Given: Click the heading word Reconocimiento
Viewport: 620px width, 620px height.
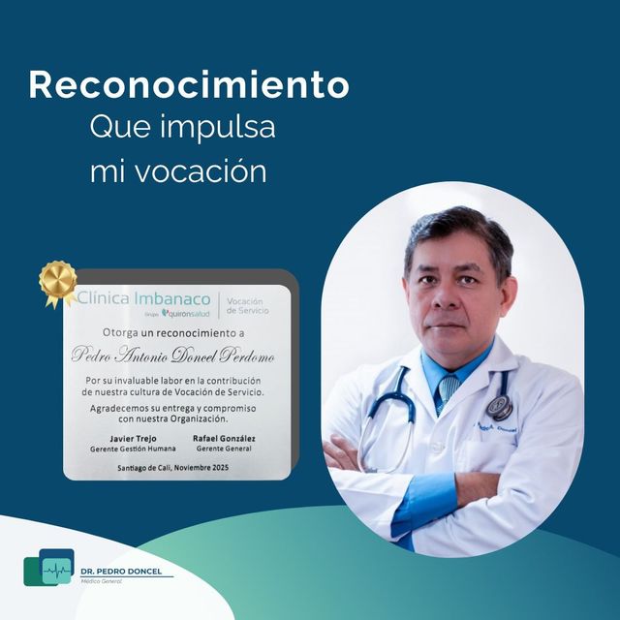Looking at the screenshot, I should click(x=188, y=85).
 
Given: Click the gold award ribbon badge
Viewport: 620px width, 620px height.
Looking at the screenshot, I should click(x=58, y=282).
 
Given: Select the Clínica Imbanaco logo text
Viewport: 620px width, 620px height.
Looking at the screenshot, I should click(x=143, y=298).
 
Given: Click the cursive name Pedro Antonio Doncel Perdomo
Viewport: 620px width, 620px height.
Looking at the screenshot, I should click(x=173, y=356).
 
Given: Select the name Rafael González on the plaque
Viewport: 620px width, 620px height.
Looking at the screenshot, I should click(x=226, y=439).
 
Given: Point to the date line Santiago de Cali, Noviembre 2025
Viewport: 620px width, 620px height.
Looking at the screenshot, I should click(x=173, y=469).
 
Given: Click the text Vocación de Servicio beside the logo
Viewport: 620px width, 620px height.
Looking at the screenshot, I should click(x=247, y=306).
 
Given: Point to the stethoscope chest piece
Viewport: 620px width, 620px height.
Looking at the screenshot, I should click(x=500, y=408).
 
